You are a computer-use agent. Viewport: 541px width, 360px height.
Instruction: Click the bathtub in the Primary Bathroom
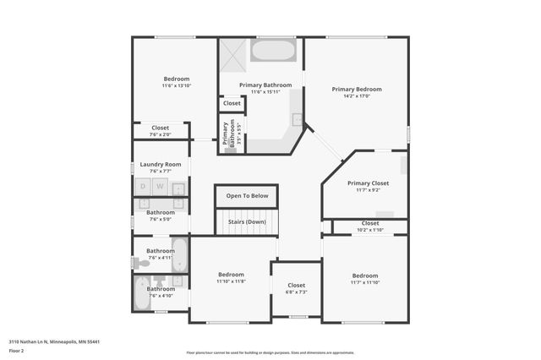tap(274, 51)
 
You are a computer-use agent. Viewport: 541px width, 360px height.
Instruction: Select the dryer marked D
tap(143, 186)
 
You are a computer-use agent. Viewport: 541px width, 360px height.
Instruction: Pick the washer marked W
tap(159, 186)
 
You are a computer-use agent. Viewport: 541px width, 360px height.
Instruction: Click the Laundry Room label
tap(161, 164)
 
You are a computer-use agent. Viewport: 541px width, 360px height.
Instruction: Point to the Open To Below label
tap(247, 196)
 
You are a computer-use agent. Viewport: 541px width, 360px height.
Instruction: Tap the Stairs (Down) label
tap(247, 221)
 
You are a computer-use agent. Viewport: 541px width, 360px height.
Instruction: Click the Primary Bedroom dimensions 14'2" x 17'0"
tap(357, 96)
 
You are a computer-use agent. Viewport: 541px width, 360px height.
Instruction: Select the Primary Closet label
tap(368, 183)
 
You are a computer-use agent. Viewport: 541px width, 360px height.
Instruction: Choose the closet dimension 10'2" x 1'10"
tap(370, 230)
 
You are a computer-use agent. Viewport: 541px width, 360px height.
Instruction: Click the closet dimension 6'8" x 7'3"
tap(297, 292)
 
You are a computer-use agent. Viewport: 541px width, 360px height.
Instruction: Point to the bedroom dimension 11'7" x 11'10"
tap(365, 283)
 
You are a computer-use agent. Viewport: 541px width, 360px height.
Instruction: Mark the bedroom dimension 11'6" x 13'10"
tap(177, 86)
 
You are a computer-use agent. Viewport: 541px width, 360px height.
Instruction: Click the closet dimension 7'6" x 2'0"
tap(161, 134)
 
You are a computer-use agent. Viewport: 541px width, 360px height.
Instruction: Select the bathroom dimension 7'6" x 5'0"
tap(161, 220)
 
